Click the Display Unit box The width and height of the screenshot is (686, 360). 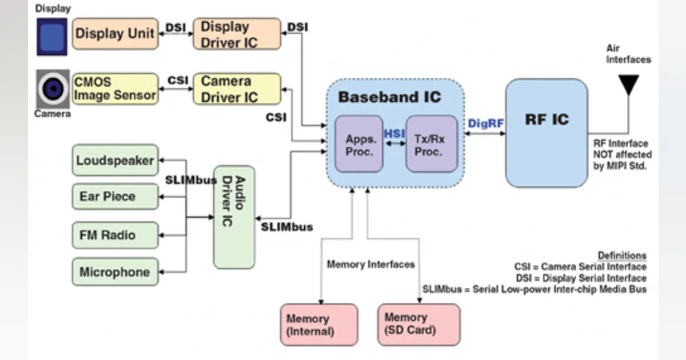[115, 33]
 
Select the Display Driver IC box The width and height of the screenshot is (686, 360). [237, 34]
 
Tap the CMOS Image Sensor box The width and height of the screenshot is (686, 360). [115, 89]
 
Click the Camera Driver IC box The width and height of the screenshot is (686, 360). [237, 89]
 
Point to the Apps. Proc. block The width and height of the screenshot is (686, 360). [358, 144]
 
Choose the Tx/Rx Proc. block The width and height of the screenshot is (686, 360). [432, 144]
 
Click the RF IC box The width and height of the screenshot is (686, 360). [547, 133]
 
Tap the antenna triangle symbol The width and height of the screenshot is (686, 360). [629, 84]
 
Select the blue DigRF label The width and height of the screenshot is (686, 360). [485, 123]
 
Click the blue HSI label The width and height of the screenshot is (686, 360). [394, 133]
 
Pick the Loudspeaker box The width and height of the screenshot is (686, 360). [115, 161]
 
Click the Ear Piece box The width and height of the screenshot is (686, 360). [115, 197]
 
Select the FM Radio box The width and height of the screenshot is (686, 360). [115, 235]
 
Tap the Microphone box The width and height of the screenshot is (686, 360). [115, 272]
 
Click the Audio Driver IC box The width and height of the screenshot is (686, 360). [233, 217]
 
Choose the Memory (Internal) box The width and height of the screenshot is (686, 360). [319, 325]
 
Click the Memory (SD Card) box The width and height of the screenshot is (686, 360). [418, 324]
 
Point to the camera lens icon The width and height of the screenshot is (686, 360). [53, 89]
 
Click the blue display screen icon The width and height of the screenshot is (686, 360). [52, 36]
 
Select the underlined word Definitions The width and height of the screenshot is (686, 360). [622, 255]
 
